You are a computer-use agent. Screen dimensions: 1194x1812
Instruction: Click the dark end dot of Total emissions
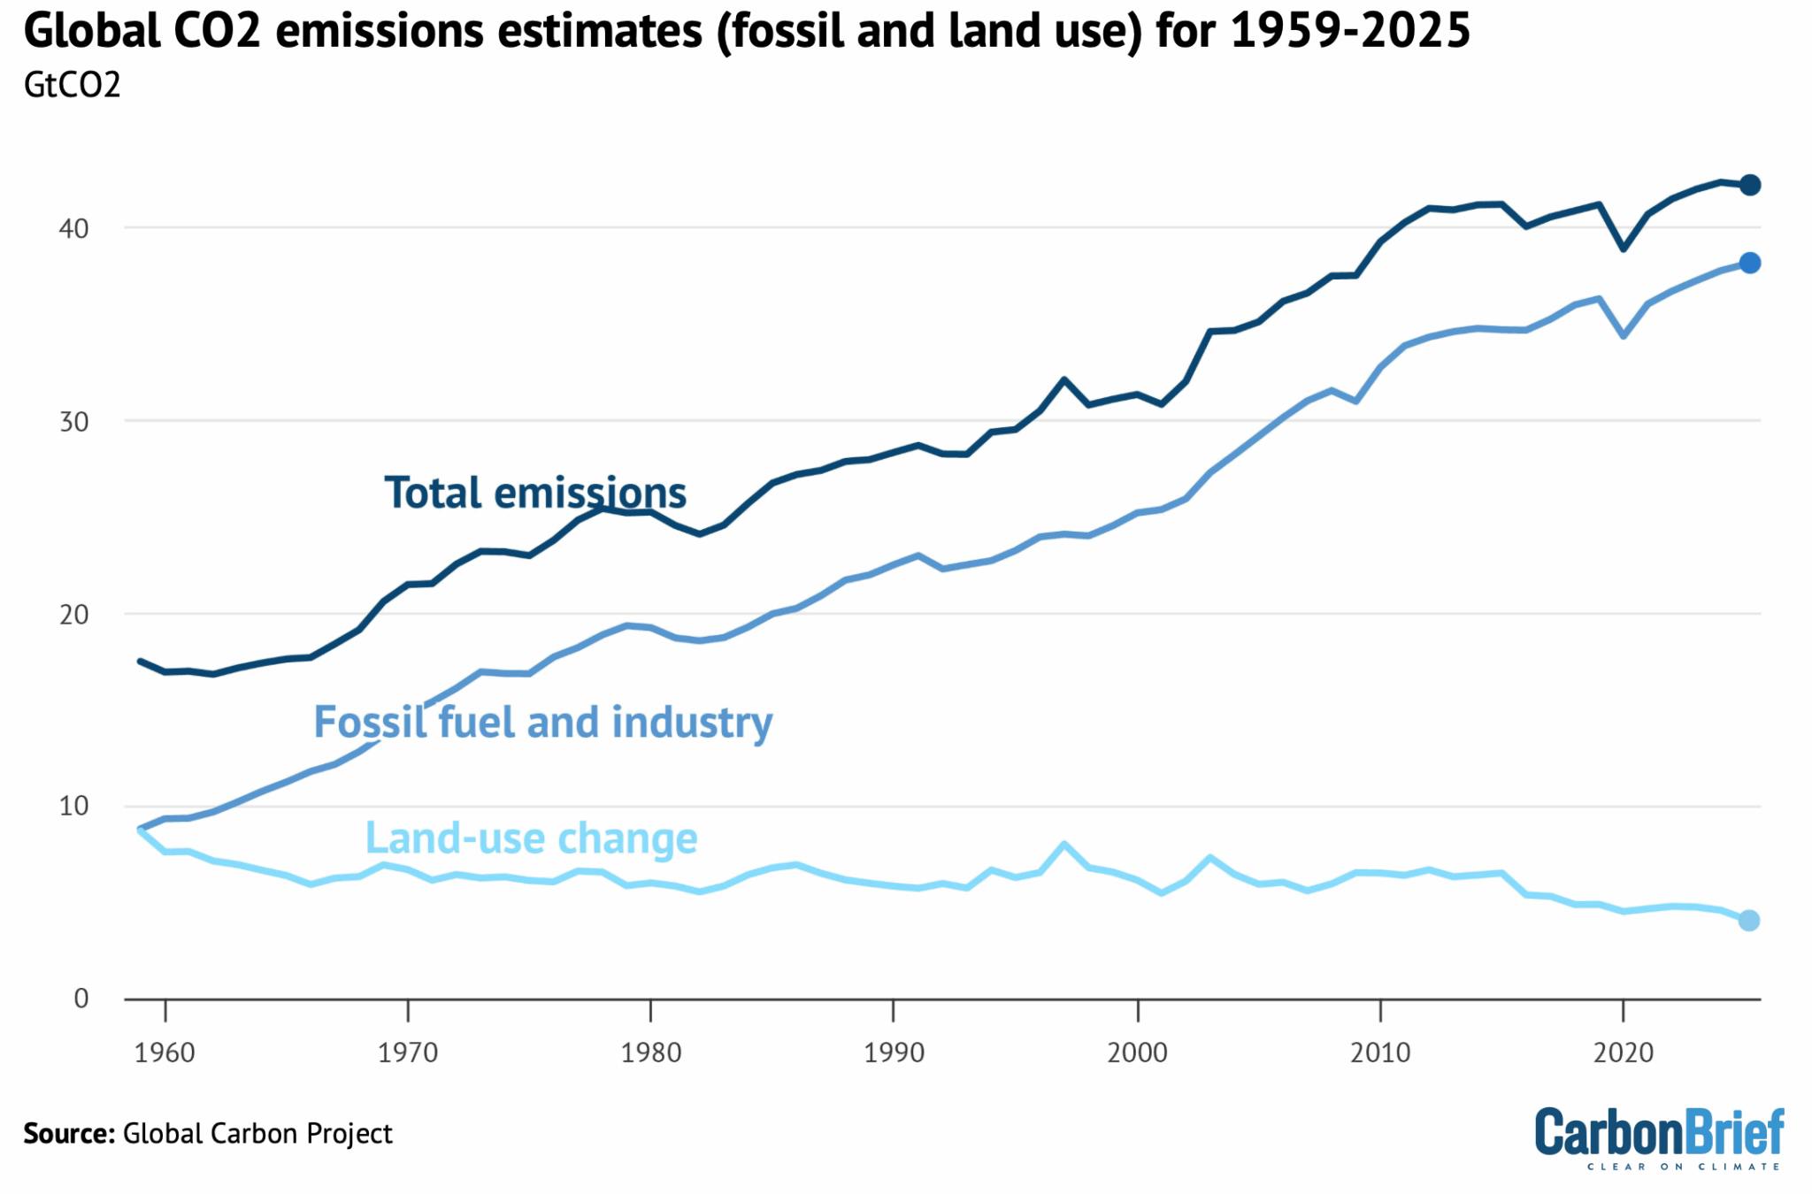tap(1749, 185)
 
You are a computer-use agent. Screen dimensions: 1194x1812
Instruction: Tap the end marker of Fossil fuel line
tap(1749, 263)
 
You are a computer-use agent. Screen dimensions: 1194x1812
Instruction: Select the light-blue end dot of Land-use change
tap(1748, 921)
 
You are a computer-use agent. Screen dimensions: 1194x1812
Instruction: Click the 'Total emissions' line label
tap(534, 493)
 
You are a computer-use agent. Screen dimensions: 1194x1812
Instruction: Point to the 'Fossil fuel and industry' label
tap(543, 723)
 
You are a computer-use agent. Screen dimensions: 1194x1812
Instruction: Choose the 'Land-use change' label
tap(531, 838)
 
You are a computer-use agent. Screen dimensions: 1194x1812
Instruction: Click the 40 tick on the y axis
tap(73, 228)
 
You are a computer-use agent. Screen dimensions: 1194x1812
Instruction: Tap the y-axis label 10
tap(73, 806)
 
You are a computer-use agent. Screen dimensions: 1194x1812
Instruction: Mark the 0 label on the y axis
tap(81, 999)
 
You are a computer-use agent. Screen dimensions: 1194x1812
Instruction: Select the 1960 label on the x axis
tap(165, 1052)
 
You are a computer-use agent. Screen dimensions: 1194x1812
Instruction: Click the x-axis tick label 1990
tap(894, 1052)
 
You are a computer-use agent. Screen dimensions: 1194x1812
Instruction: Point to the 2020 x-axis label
tap(1623, 1052)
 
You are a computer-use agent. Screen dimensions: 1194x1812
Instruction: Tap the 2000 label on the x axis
tap(1137, 1052)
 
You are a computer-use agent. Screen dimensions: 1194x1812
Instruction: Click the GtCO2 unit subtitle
tap(72, 85)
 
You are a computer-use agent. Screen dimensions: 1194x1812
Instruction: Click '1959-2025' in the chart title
tap(1349, 31)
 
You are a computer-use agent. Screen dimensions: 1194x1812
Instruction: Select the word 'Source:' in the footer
tap(69, 1134)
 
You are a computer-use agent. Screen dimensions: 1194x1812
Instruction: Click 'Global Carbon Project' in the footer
tap(257, 1134)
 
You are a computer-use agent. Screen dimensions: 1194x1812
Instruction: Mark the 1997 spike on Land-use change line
tap(1063, 844)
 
